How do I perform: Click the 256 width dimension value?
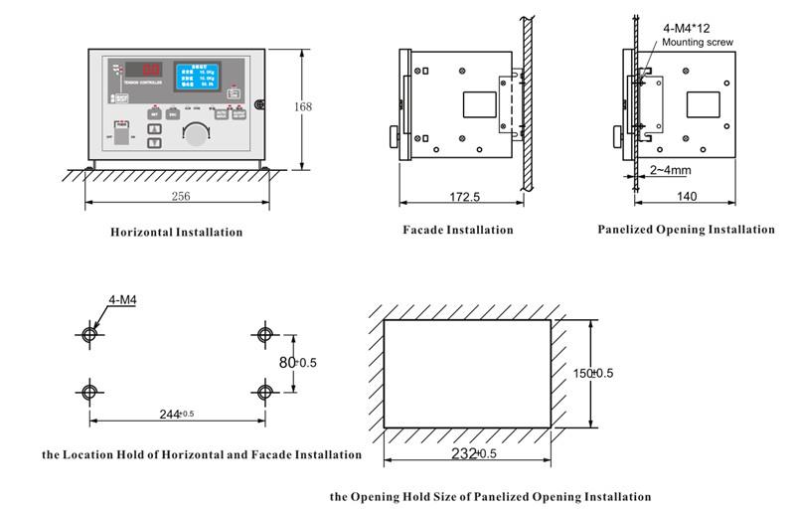[180, 197]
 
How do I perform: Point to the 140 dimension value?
[687, 198]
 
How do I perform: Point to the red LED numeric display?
[152, 71]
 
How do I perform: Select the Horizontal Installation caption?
[176, 232]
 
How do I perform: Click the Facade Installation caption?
[458, 230]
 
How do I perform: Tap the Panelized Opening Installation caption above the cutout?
[686, 230]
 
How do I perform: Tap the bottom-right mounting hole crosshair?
[263, 391]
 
